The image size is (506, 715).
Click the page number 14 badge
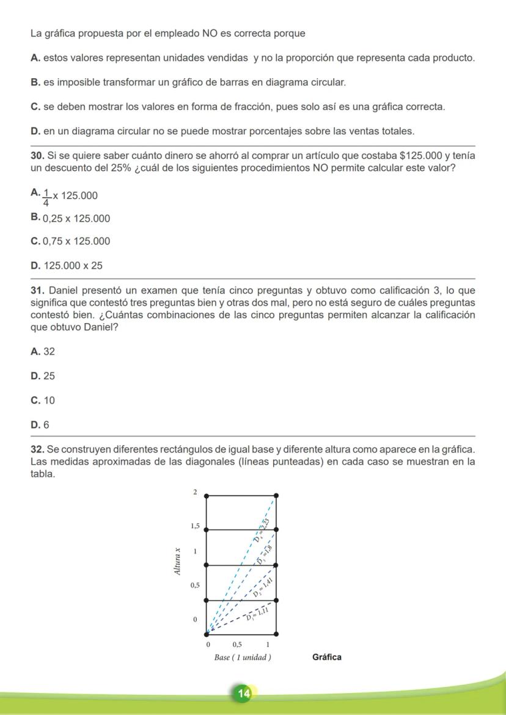point(244,693)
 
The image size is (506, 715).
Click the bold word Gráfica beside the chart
point(327,658)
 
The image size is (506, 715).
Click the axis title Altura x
point(177,561)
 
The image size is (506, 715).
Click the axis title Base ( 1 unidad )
point(243,658)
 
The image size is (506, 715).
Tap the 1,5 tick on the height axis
point(194,526)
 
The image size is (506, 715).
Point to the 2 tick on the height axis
point(195,492)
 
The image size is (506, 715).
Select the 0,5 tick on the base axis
point(237,644)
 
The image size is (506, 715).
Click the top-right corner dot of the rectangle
point(276,495)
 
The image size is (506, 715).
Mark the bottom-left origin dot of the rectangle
point(206,634)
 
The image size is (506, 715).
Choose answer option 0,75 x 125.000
point(76,241)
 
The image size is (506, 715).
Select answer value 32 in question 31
point(49,352)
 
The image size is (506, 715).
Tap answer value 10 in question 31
point(49,401)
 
